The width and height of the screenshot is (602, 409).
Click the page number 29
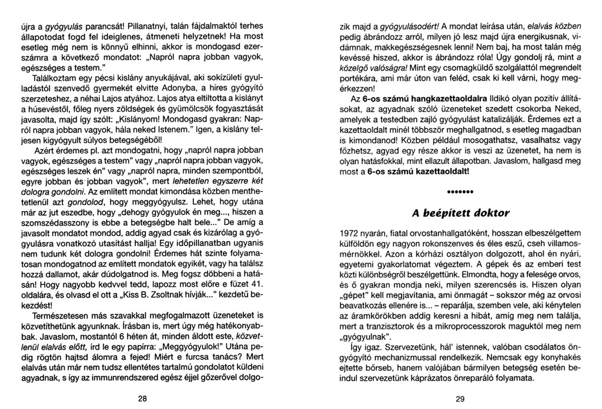click(460, 398)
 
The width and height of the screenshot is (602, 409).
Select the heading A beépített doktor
click(460, 212)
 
